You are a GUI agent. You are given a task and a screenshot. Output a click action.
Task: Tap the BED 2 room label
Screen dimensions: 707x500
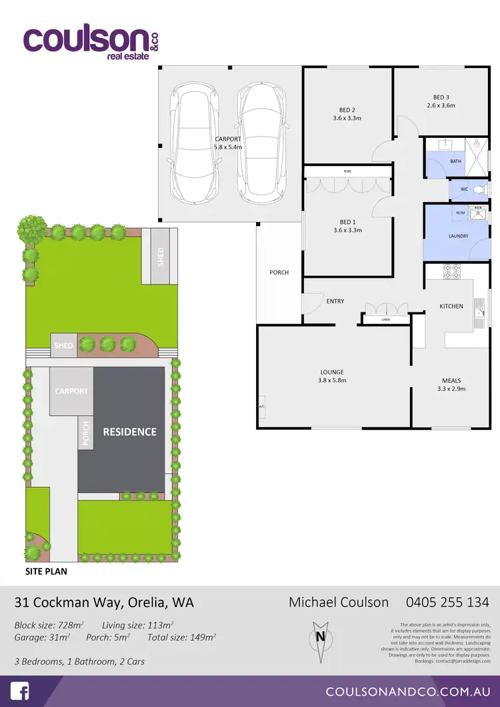tap(347, 110)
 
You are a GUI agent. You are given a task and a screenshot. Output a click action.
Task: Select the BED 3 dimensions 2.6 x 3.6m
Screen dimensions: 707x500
tap(441, 105)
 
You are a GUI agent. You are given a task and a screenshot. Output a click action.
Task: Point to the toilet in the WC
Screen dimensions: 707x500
tap(478, 190)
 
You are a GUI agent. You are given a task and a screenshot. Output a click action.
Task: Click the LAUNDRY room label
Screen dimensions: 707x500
tap(458, 236)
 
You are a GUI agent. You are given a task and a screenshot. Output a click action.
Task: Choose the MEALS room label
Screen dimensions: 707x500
tap(451, 380)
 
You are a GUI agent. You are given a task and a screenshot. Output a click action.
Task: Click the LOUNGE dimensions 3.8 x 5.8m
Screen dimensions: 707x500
tap(331, 380)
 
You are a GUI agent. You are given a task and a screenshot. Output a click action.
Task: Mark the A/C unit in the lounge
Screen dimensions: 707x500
tap(261, 406)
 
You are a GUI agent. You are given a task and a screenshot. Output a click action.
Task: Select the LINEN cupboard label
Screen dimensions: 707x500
tap(385, 321)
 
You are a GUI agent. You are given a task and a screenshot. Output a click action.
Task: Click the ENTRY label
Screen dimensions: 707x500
tap(335, 301)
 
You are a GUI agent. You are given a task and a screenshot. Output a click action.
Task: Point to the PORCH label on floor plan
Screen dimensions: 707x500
tap(279, 272)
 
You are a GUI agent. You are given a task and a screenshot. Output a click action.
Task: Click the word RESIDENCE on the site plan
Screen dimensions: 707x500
tap(129, 432)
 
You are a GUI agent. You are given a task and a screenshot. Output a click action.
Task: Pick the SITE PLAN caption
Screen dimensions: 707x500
tap(46, 571)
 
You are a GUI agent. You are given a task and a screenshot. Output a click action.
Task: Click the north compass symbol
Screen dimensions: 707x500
tap(320, 636)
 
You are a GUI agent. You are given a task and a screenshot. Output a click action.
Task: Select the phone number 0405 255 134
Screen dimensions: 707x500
tap(447, 602)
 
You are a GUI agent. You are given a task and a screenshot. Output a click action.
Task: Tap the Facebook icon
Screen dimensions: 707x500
tap(20, 691)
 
